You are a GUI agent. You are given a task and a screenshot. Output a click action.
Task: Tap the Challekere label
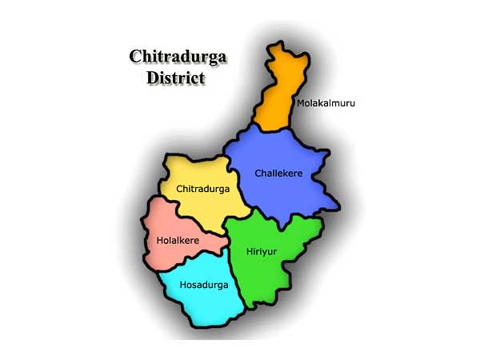pos(279,173)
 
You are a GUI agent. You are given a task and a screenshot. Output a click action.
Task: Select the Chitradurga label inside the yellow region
pos(202,190)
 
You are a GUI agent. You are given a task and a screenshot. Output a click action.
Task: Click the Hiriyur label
pos(256,251)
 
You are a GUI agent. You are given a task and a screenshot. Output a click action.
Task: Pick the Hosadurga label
pos(203,285)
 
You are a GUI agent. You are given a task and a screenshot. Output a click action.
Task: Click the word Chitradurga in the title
pos(177,57)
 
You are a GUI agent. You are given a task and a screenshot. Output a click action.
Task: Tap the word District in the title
pos(176,78)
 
